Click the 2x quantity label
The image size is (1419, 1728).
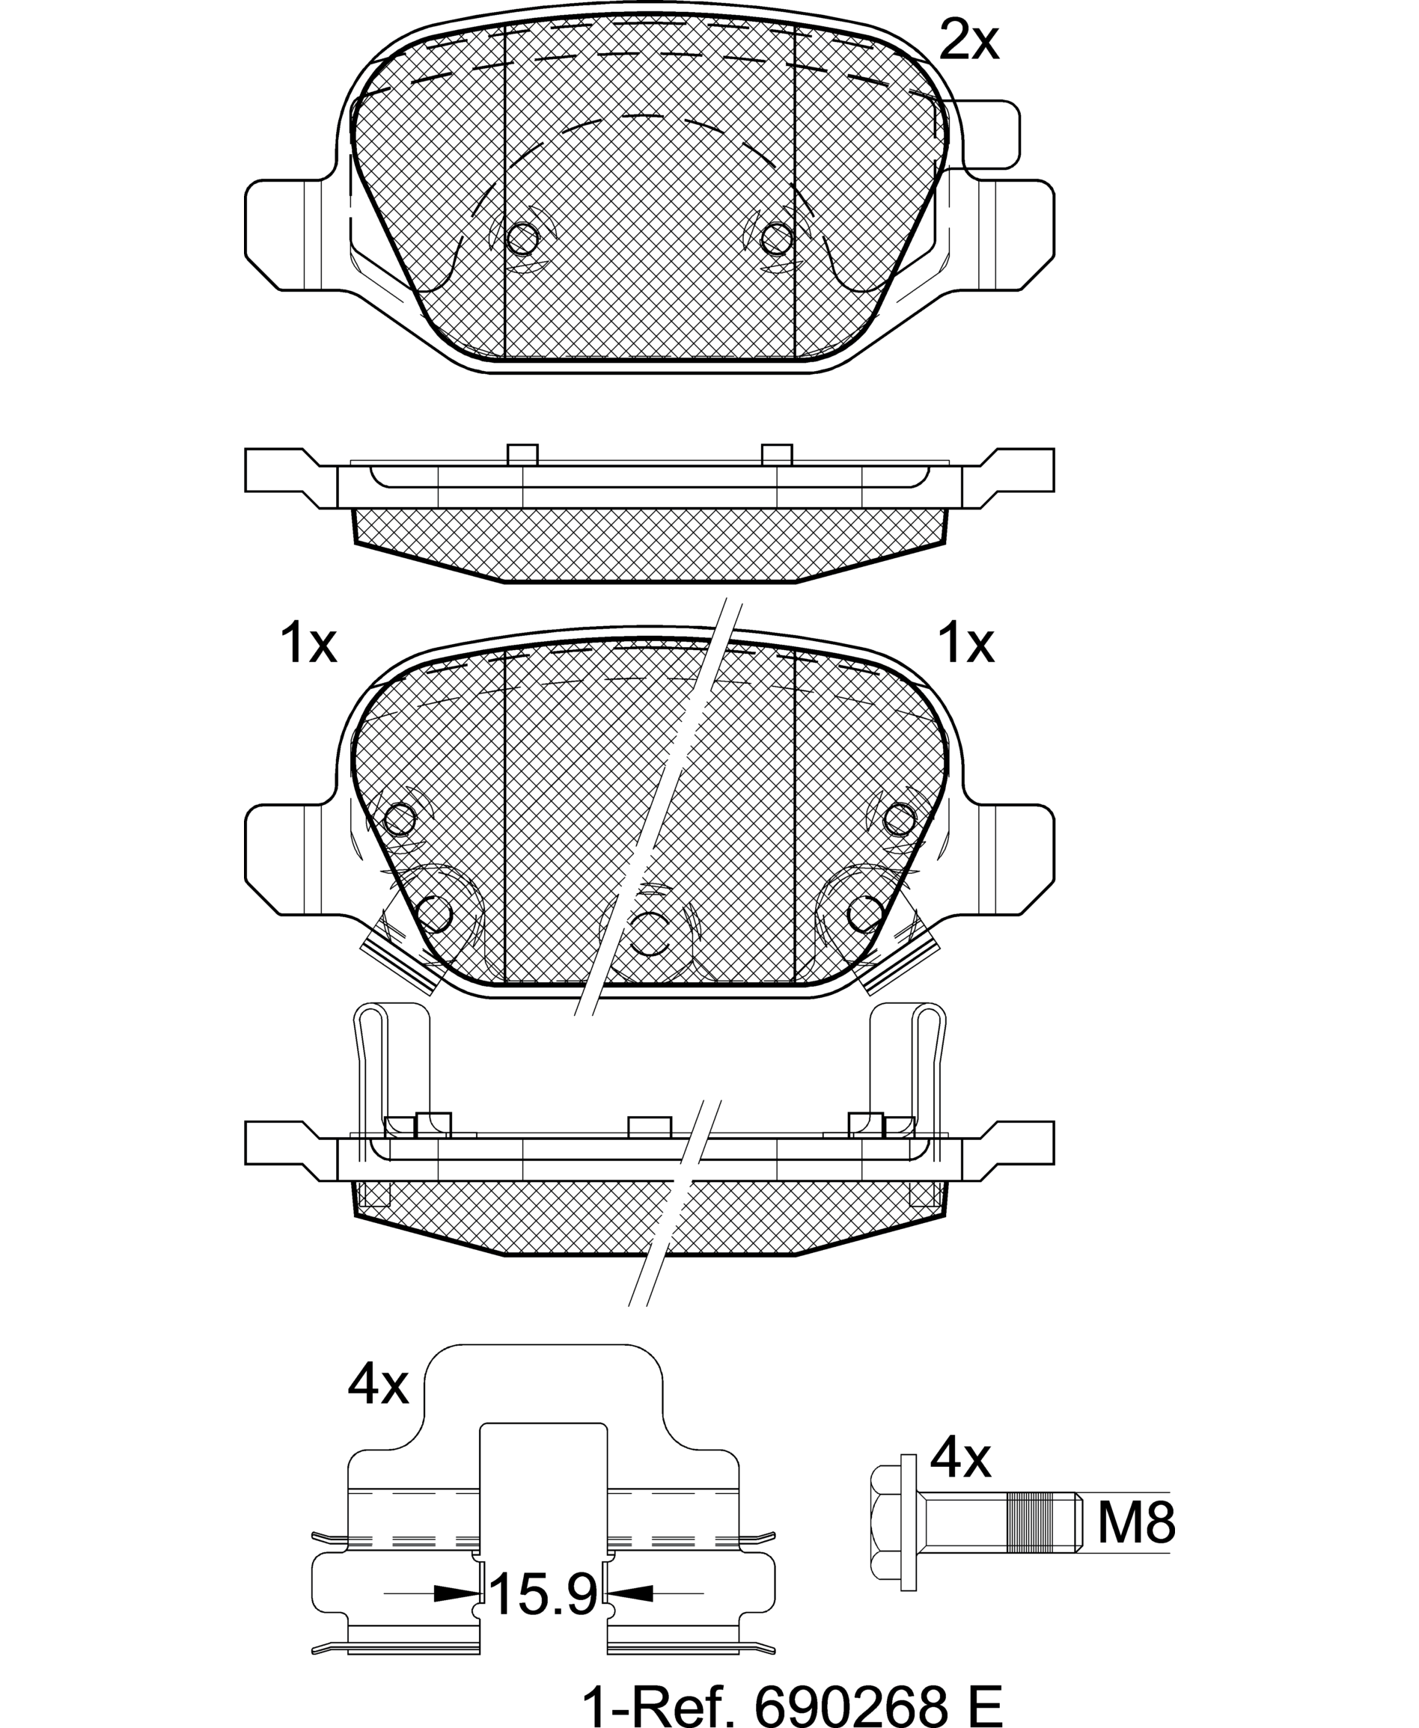968,41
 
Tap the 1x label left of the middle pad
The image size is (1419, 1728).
308,643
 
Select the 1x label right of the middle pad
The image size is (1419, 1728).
966,643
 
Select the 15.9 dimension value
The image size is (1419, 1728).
544,1593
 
